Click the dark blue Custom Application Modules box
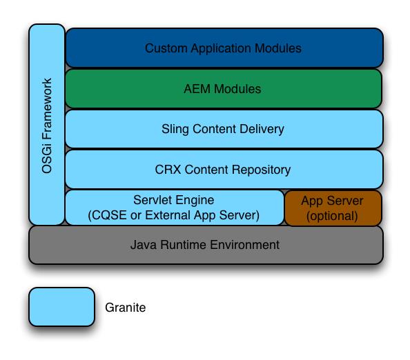click(x=224, y=48)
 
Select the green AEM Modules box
click(x=224, y=89)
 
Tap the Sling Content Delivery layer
click(x=224, y=129)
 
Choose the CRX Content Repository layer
click(x=224, y=169)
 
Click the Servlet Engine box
click(x=174, y=208)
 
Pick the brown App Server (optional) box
click(x=333, y=208)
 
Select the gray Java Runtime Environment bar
click(x=205, y=245)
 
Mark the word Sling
click(x=175, y=129)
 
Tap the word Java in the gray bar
click(x=143, y=245)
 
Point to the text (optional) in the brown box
click(x=333, y=215)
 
